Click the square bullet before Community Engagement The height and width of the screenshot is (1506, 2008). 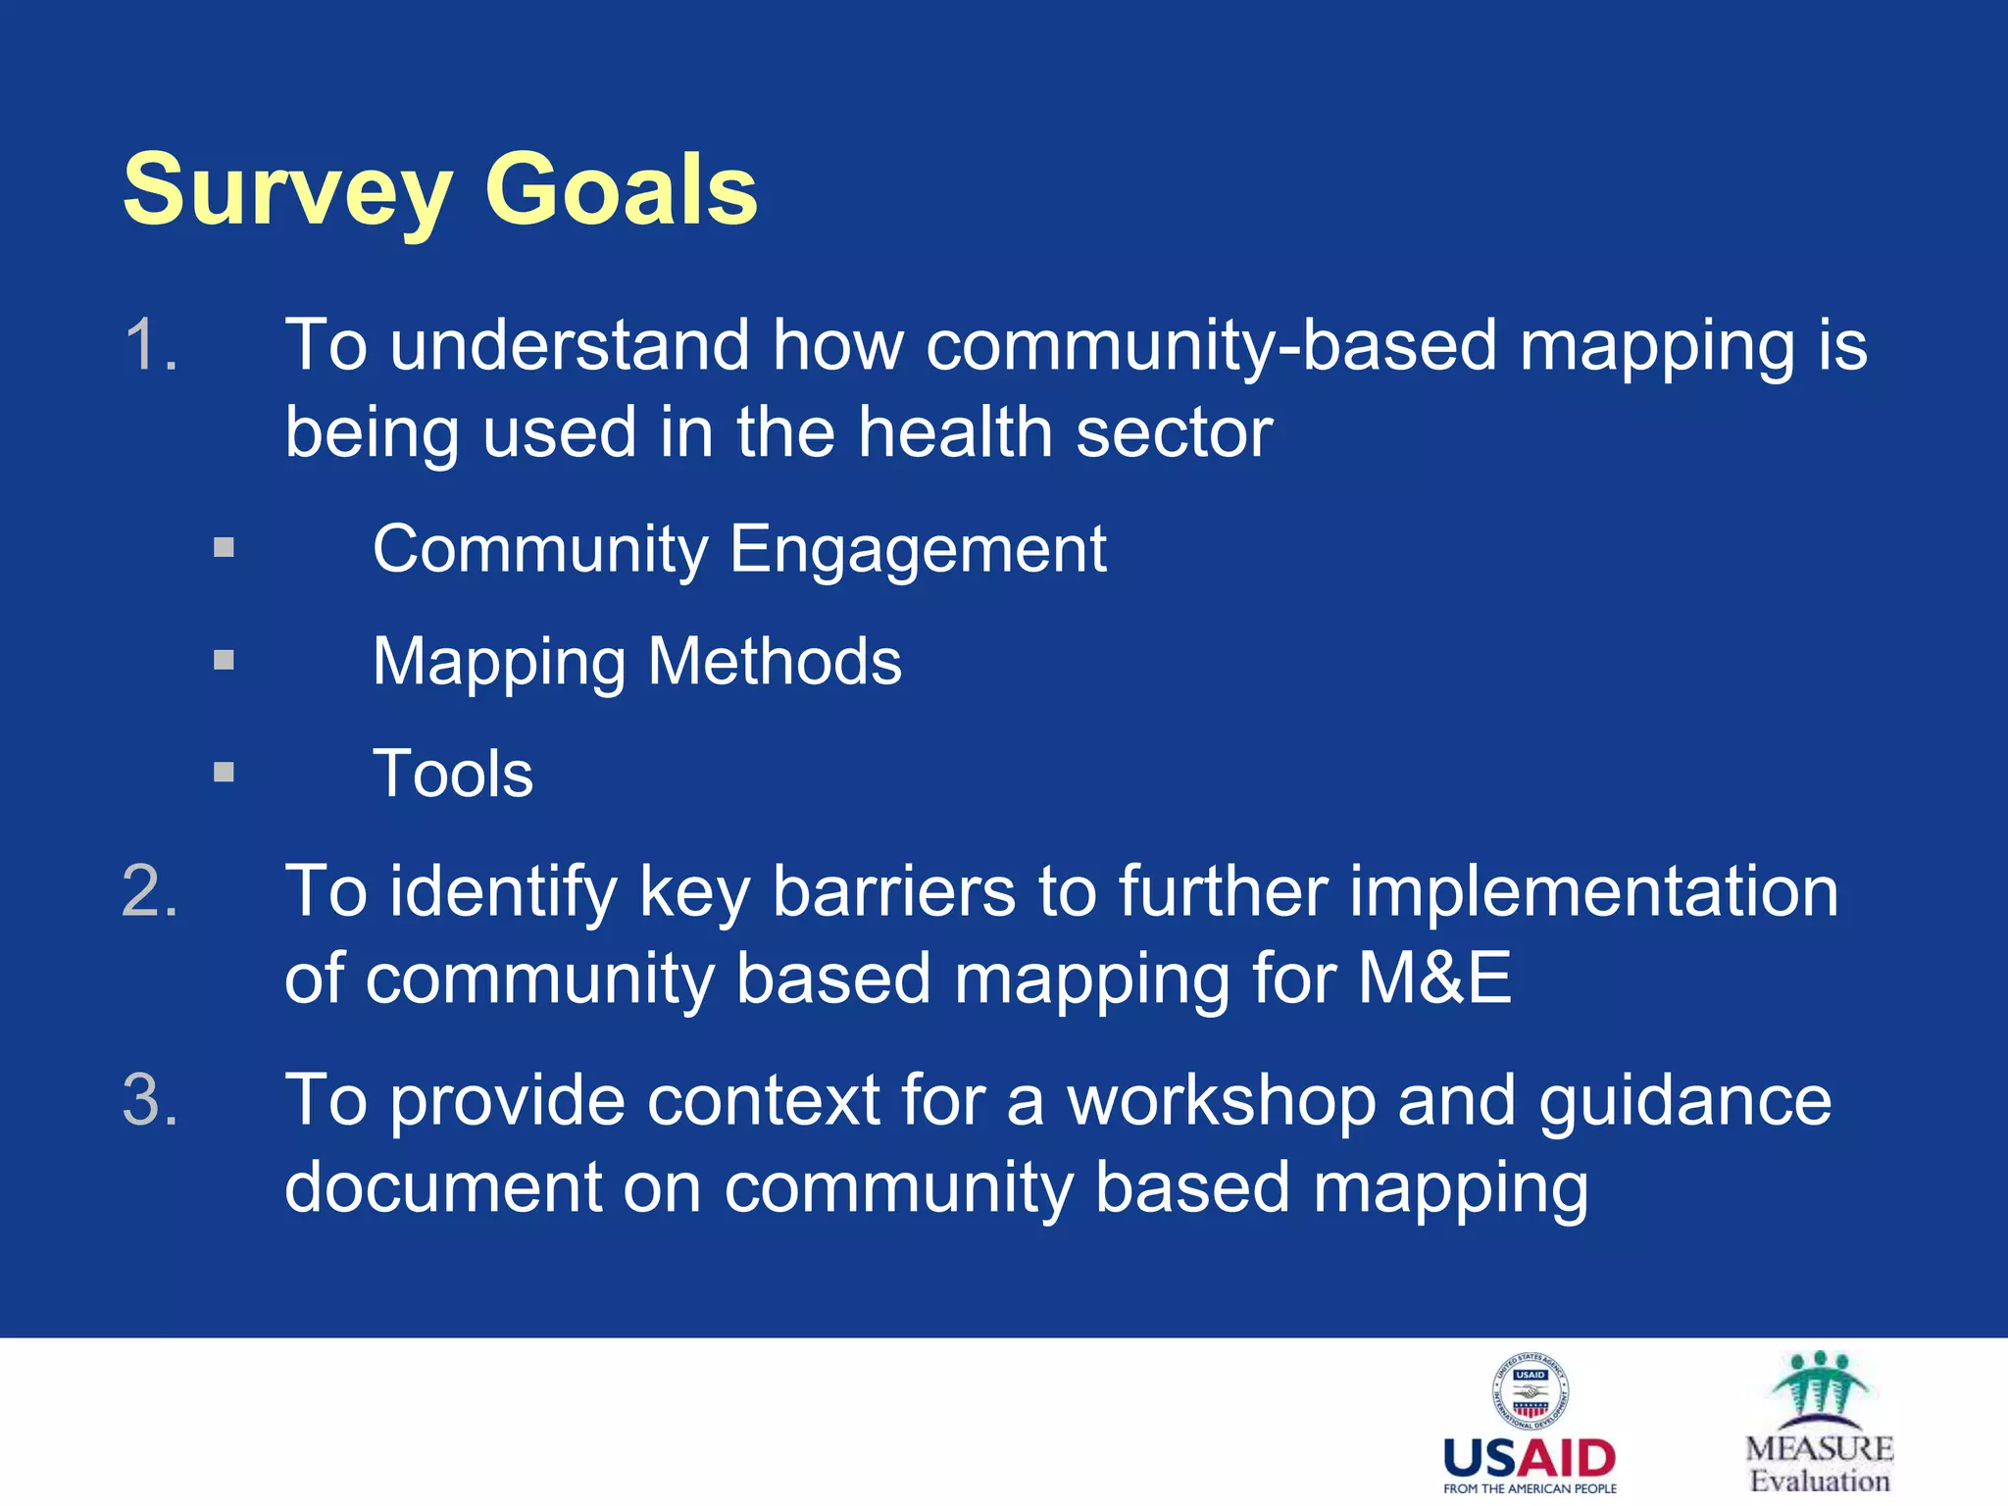pos(225,547)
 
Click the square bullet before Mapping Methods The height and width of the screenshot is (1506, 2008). pos(225,660)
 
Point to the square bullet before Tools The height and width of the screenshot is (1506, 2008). pos(225,773)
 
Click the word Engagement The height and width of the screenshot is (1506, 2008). pos(918,550)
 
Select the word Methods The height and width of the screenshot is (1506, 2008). pos(775,662)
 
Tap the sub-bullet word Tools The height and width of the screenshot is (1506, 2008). pos(453,775)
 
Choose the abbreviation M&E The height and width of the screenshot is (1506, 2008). pos(1434,979)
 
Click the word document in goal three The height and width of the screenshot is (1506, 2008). pos(443,1187)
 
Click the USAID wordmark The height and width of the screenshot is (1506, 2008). pos(1530,1458)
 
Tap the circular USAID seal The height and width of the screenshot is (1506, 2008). pos(1530,1390)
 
